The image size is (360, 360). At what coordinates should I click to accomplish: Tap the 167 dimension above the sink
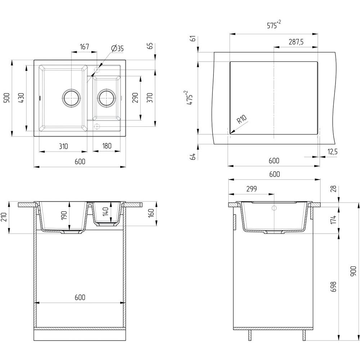[84, 47]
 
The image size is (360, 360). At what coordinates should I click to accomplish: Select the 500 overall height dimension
[6, 98]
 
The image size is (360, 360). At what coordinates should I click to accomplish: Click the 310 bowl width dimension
[63, 146]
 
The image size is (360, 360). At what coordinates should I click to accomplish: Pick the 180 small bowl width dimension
[107, 146]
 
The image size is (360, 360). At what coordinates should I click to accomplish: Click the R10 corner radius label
[242, 120]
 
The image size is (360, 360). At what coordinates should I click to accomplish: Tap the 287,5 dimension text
[296, 42]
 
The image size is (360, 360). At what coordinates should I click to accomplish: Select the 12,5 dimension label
[332, 152]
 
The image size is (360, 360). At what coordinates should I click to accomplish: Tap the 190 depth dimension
[64, 216]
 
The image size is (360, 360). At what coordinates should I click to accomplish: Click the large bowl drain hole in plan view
[71, 97]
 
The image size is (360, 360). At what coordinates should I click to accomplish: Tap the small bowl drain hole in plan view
[107, 97]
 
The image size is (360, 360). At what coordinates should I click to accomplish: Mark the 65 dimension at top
[150, 46]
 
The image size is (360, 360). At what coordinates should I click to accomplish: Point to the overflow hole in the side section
[274, 208]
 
